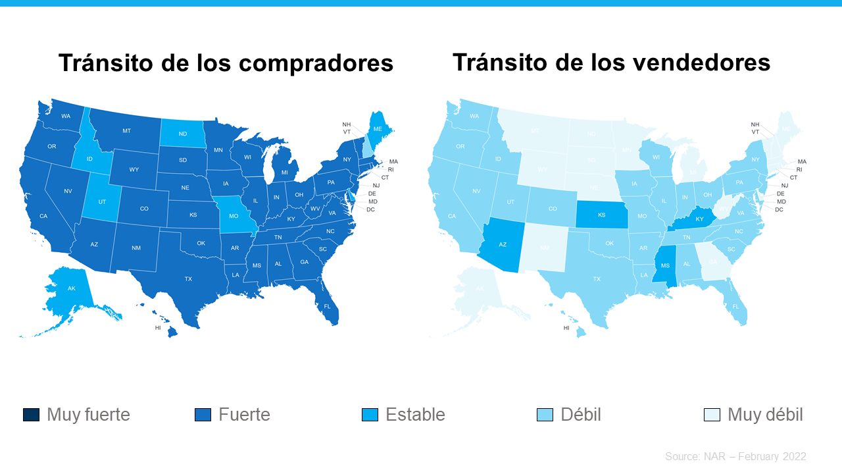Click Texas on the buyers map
click(188, 279)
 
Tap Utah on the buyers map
click(102, 201)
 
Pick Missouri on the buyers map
click(232, 215)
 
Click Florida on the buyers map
click(327, 306)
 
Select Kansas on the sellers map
click(601, 215)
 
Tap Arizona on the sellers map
click(502, 244)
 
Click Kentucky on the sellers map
click(699, 219)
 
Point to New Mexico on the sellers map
click(545, 248)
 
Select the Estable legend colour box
click(370, 415)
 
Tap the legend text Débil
click(581, 415)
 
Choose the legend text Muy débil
click(765, 415)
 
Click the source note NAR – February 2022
click(735, 456)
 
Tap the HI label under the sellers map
click(566, 328)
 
